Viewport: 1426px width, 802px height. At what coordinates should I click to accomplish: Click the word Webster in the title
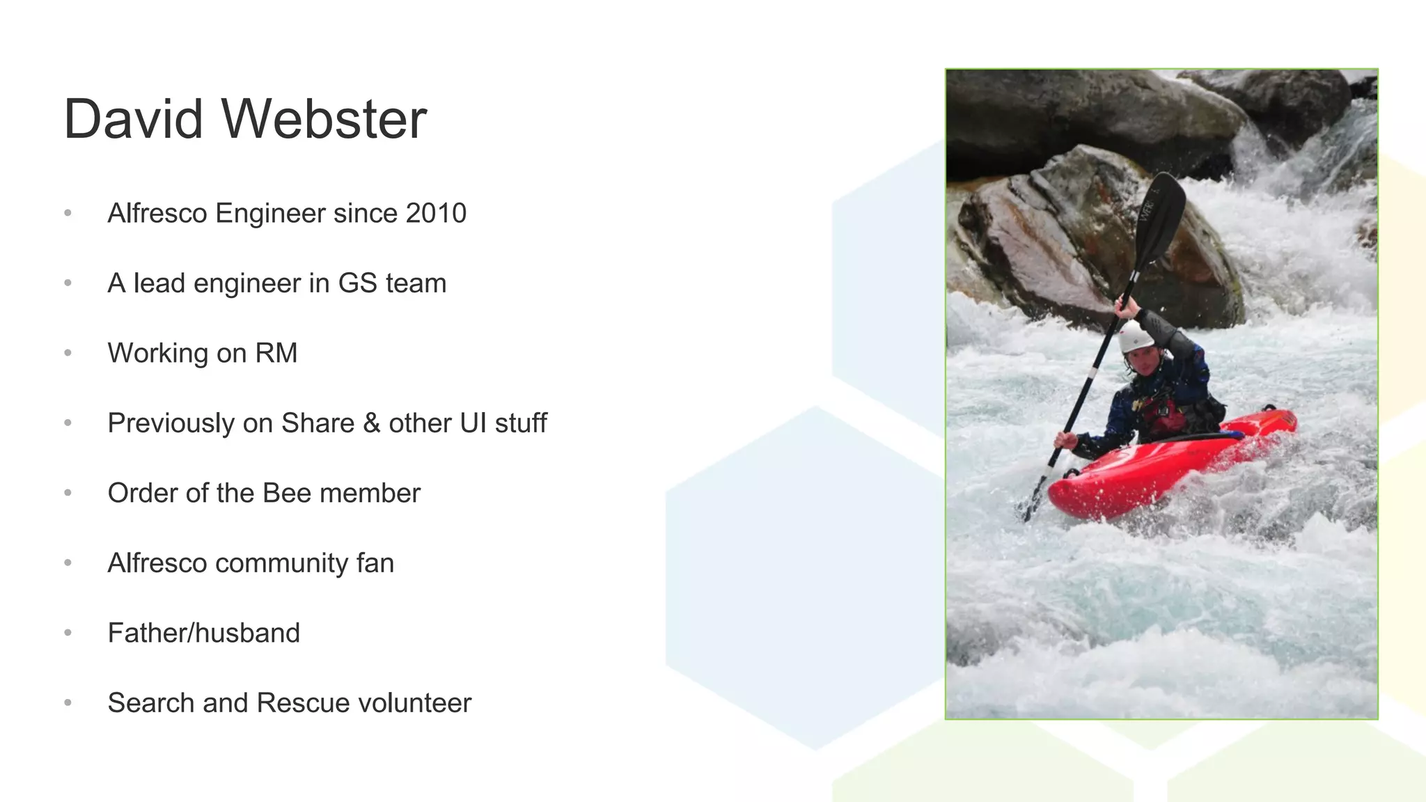point(324,119)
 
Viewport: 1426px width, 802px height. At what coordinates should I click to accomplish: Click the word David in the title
point(133,119)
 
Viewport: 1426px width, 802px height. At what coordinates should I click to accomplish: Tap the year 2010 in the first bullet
point(436,213)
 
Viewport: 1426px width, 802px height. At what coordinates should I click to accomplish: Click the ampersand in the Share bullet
point(371,423)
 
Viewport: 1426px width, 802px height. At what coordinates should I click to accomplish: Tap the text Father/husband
point(203,633)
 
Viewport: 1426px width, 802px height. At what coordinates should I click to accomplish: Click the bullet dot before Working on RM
point(68,353)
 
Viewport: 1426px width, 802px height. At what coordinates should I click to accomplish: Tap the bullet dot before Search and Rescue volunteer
point(68,703)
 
